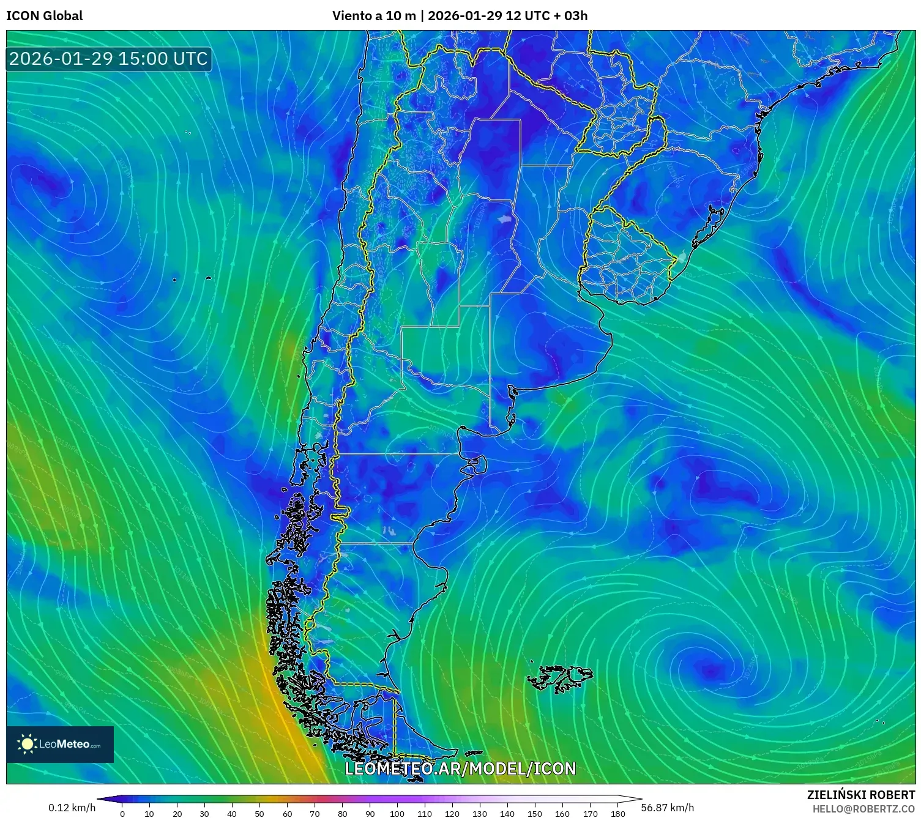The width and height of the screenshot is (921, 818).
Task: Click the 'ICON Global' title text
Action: (x=44, y=16)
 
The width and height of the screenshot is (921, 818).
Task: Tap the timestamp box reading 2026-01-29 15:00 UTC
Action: (x=108, y=59)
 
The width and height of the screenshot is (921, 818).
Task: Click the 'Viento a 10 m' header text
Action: (x=373, y=16)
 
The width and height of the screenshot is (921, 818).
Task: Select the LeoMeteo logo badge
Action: (x=60, y=744)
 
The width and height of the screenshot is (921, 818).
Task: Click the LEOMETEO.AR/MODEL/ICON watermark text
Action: (x=460, y=768)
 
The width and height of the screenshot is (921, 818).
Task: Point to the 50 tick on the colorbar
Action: (x=259, y=813)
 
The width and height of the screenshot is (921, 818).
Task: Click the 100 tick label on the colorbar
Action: (x=397, y=813)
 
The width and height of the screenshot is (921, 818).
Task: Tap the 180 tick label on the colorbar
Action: (x=617, y=813)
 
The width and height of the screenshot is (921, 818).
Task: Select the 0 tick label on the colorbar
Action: (x=122, y=813)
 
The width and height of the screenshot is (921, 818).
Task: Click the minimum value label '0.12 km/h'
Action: (x=72, y=808)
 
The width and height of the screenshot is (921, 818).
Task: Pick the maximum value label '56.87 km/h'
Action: (x=667, y=808)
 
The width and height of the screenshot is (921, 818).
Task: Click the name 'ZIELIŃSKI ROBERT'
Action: (x=861, y=795)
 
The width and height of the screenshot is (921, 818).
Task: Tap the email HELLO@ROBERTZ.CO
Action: (x=863, y=809)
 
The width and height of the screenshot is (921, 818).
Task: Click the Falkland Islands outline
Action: (x=560, y=678)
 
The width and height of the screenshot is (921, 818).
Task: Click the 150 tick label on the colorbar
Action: (x=535, y=813)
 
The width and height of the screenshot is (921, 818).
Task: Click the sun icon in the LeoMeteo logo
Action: (x=27, y=744)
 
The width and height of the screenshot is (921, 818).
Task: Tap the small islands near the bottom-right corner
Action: (x=880, y=722)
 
